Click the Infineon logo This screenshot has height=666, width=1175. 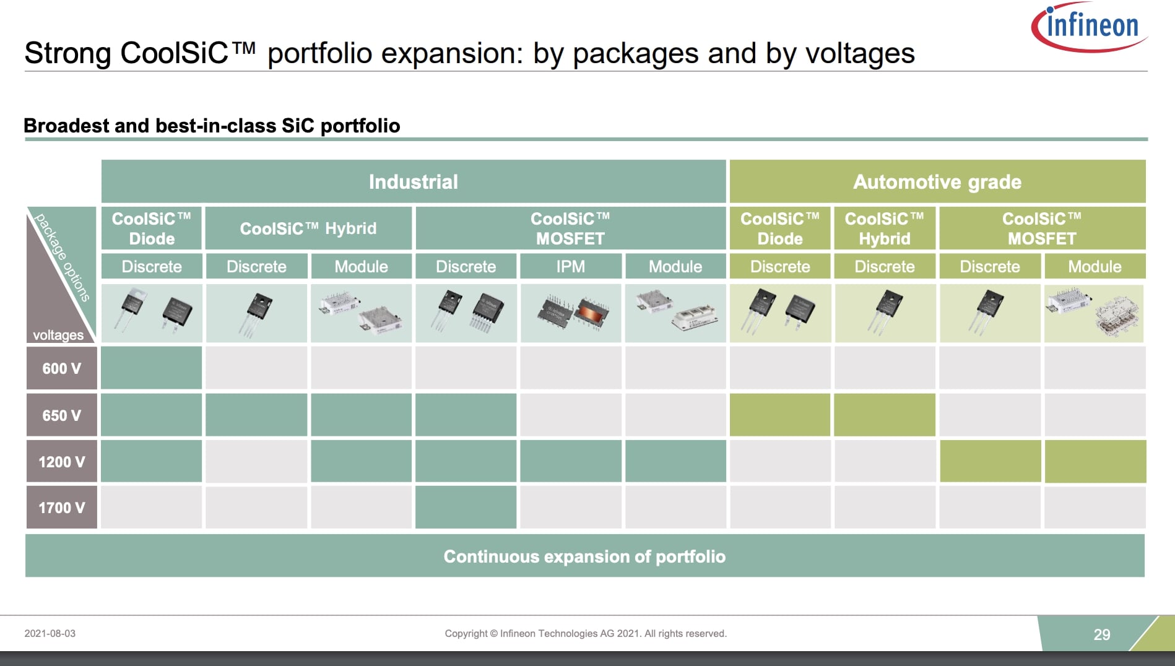point(1090,26)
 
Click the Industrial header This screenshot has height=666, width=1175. point(413,181)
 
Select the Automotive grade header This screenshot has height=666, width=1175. point(937,181)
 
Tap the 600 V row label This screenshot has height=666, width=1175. point(61,368)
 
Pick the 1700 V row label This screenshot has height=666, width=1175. point(61,508)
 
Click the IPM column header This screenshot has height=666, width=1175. point(570,266)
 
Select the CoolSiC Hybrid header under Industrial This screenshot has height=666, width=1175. point(308,228)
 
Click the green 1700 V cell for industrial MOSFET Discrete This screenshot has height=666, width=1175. point(466,507)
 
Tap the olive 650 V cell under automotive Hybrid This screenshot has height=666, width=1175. point(884,415)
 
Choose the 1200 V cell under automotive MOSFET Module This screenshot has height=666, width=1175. point(1095,461)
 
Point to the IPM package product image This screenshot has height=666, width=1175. point(570,313)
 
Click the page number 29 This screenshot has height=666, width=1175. point(1101,634)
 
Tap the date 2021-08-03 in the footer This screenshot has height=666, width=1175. point(50,633)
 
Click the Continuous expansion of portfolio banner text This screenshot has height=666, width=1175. point(584,556)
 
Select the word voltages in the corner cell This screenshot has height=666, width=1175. point(58,335)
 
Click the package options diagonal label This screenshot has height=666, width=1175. point(63,257)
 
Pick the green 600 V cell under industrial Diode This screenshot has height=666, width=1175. point(151,368)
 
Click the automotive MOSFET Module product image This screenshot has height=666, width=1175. point(1094,313)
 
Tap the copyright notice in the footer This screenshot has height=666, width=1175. point(585,633)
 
